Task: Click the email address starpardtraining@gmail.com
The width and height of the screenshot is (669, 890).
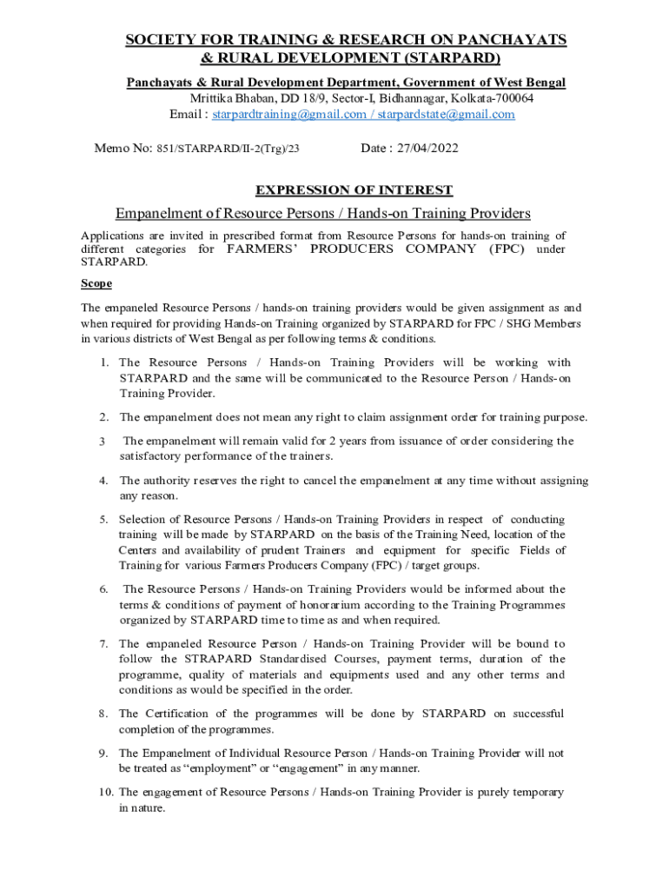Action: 289,115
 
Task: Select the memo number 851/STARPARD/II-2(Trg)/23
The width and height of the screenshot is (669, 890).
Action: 229,149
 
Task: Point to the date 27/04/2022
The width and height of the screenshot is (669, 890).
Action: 427,149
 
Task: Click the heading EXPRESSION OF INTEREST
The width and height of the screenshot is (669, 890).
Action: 353,190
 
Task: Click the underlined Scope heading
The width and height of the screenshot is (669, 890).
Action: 96,283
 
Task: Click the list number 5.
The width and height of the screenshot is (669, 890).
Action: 103,520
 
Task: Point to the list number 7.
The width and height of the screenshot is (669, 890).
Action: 103,644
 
